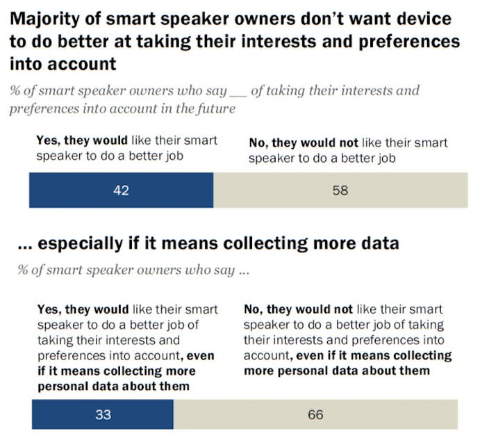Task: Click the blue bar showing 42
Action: point(121,190)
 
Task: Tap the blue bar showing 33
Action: point(102,414)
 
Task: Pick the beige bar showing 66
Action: point(316,414)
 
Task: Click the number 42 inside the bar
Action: point(121,190)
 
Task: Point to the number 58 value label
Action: point(340,190)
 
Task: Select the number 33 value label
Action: point(102,414)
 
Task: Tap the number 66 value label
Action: point(315,414)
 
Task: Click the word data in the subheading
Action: point(379,243)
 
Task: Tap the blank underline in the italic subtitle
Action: point(237,93)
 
